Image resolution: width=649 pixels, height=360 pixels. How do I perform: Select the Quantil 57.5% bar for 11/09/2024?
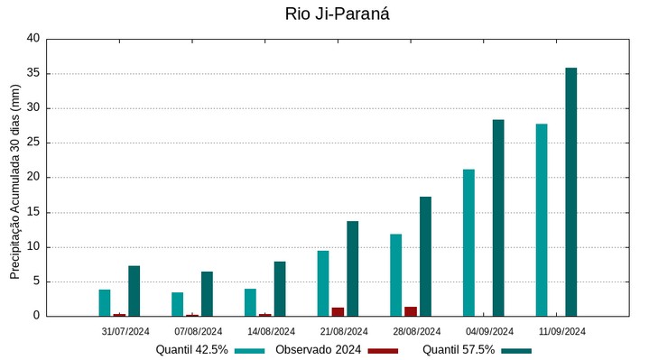coord(570,191)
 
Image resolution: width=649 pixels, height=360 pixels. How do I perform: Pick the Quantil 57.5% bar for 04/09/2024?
coord(498,217)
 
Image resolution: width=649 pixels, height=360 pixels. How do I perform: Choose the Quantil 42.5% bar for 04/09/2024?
coord(468,242)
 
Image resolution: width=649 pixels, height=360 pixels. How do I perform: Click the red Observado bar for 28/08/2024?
coord(411,311)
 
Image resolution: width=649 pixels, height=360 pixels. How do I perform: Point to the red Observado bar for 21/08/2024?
coord(338,311)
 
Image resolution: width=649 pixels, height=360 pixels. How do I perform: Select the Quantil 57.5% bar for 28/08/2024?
coord(425,256)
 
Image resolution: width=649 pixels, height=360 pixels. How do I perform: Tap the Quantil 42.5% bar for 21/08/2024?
coord(323,282)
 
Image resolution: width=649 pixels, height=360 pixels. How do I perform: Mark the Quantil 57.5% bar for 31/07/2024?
coord(134,291)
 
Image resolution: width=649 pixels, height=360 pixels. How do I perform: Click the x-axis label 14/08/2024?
coord(271,331)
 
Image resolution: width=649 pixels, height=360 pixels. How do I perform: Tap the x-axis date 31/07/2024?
coord(125,331)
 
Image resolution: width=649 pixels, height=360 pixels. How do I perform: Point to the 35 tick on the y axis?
coord(33,74)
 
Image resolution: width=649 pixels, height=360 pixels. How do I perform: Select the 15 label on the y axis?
coord(33,213)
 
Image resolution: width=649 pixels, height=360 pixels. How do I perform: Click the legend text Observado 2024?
coord(318,350)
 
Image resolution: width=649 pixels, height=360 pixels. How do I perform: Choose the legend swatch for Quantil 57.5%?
coord(516,350)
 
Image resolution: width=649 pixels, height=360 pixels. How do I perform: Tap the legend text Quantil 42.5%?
coord(191,350)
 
